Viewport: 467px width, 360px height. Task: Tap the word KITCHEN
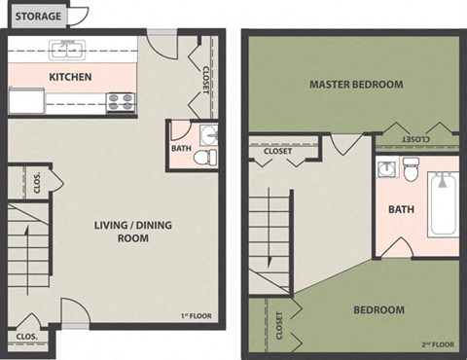point(71,77)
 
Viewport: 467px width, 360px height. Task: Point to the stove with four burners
point(120,100)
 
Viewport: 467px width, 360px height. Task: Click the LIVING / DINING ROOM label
point(122,232)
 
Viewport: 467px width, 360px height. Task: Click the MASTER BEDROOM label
point(355,85)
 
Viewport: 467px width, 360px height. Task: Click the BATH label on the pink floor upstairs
point(401,209)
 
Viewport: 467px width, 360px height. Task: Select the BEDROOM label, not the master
point(377,310)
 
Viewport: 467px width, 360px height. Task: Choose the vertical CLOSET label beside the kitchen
point(205,78)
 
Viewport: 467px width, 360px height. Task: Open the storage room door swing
point(79,16)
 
